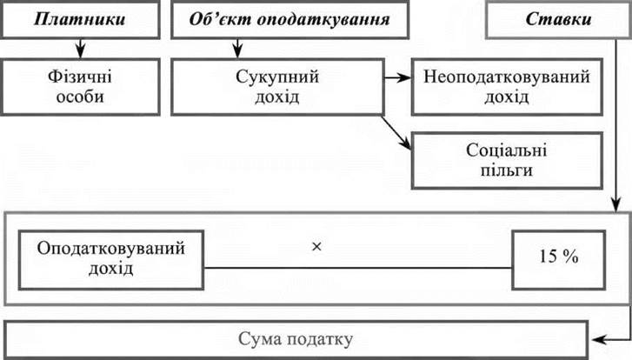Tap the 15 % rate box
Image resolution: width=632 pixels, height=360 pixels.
tap(559, 257)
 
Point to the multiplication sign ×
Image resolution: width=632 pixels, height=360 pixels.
tap(316, 247)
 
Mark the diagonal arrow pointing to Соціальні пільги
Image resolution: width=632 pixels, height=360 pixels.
tap(396, 130)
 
